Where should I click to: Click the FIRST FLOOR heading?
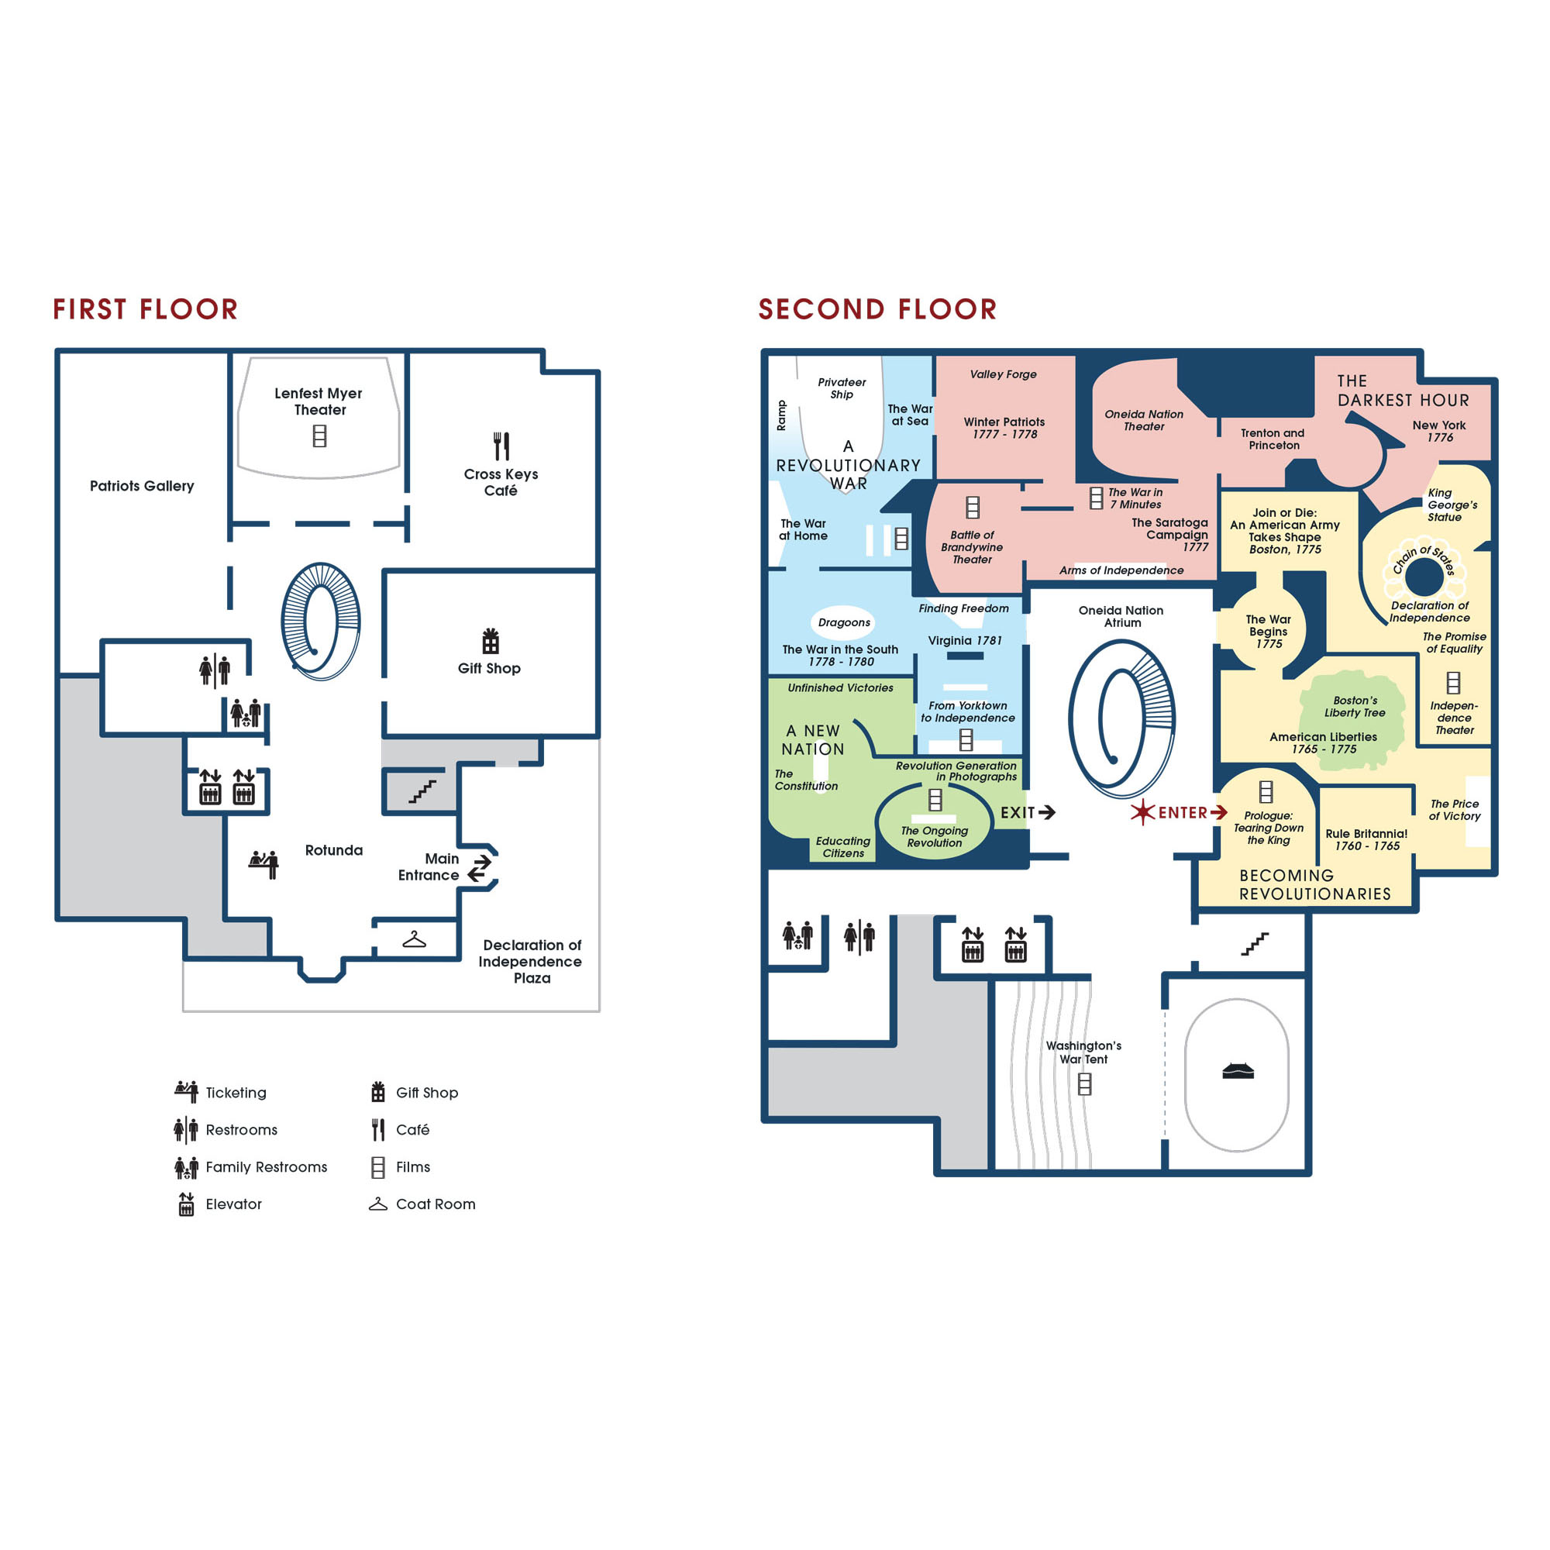(x=145, y=309)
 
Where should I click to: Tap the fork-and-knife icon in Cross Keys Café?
(x=501, y=446)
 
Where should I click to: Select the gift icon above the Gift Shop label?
(x=491, y=641)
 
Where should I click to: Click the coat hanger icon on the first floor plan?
(x=414, y=939)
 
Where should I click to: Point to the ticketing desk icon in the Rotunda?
(x=264, y=864)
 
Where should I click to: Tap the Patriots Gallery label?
(x=142, y=486)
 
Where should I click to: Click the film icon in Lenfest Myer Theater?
(x=319, y=436)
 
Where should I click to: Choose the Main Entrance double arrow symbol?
(x=480, y=867)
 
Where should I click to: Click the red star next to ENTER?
(x=1142, y=813)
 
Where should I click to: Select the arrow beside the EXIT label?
(x=1046, y=813)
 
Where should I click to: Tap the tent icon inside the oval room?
(x=1237, y=1071)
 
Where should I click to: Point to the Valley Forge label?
(x=1003, y=374)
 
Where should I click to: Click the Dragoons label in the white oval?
(x=844, y=622)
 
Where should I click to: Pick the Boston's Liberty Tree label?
(x=1355, y=707)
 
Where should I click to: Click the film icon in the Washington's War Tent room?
(x=1085, y=1085)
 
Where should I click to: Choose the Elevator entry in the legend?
(x=219, y=1204)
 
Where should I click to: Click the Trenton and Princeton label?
(x=1273, y=439)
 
